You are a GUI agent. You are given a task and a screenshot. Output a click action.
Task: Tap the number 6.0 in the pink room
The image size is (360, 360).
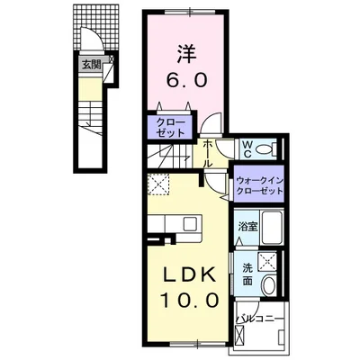tap(186, 80)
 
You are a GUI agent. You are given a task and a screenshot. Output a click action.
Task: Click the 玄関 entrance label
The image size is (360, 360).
tap(91, 65)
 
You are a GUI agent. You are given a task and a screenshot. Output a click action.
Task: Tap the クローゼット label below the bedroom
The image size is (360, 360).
tap(169, 126)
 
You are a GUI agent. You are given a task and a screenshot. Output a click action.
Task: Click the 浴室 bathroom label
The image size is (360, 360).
tap(247, 226)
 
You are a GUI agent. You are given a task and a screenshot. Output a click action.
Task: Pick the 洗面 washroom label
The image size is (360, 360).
tap(247, 273)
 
